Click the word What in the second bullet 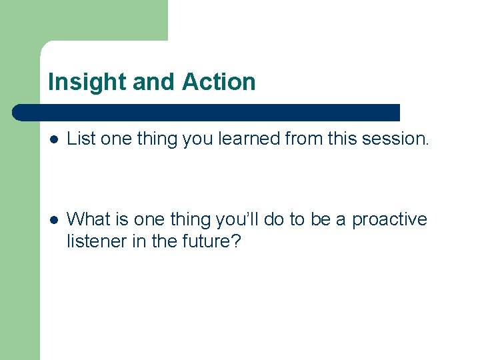(x=89, y=219)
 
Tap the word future (x=204, y=241)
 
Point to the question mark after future (x=234, y=241)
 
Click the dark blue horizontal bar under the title (x=207, y=112)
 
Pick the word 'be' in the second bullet (x=327, y=219)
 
